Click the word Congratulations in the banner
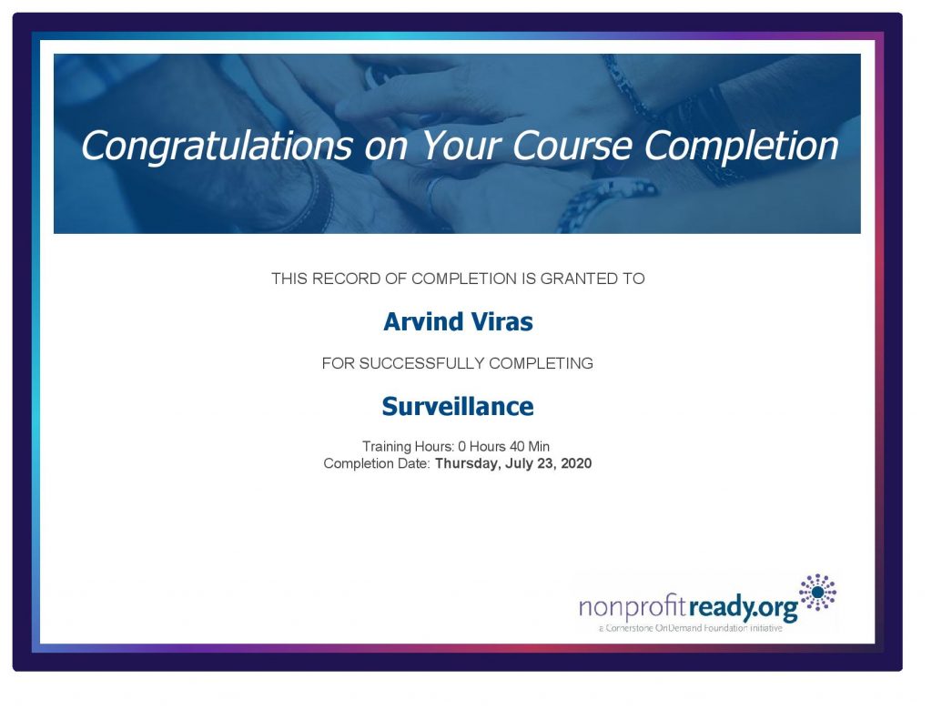(217, 147)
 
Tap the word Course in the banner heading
(572, 145)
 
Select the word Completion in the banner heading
(741, 147)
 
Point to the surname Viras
(502, 321)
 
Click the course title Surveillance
(458, 407)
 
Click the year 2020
(576, 463)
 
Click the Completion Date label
(377, 463)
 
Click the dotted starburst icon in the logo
(818, 593)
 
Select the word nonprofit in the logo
(633, 608)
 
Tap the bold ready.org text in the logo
(743, 608)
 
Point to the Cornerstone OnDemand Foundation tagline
(690, 628)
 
